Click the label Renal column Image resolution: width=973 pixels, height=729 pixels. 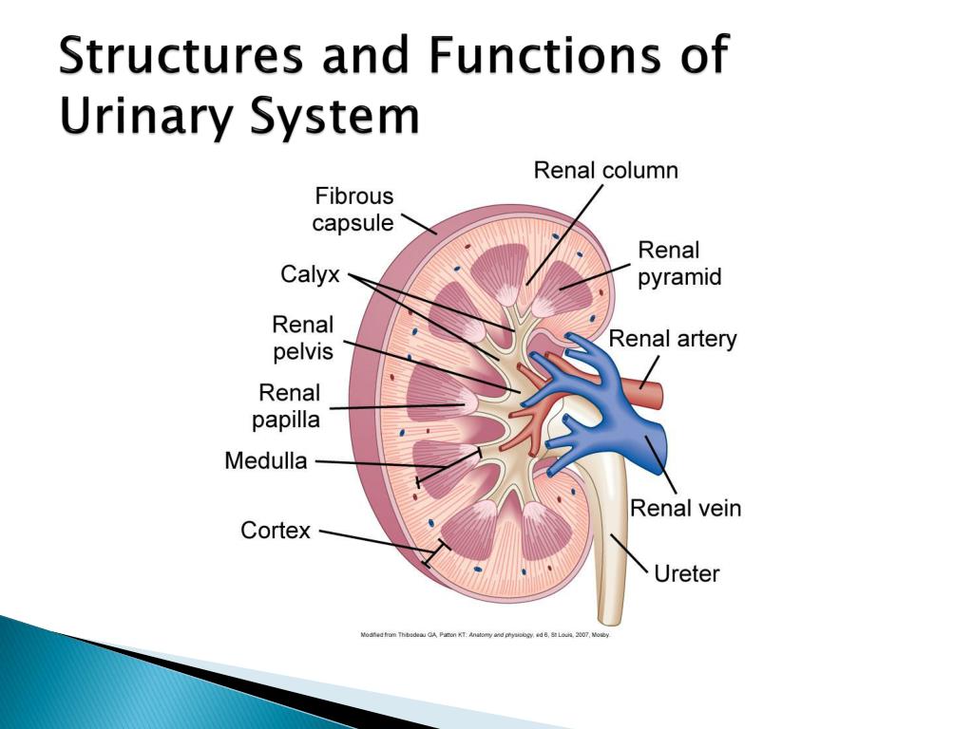(605, 171)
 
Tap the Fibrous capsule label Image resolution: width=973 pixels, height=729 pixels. (353, 210)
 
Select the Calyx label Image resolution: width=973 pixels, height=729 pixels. (310, 274)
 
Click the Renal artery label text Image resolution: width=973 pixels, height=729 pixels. (672, 339)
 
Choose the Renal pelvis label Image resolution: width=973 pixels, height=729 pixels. (303, 338)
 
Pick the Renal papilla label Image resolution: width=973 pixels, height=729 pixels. (289, 406)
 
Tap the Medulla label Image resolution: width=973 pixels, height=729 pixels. (266, 461)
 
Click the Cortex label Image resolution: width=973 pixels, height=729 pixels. (276, 530)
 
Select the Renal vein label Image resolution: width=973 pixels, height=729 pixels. (685, 508)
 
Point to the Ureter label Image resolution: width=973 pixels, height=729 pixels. (687, 573)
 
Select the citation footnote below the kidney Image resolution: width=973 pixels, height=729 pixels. (485, 635)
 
